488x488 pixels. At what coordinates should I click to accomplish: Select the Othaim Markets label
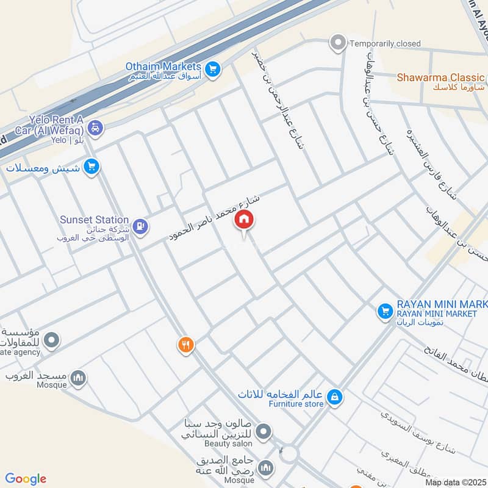pyautogui.click(x=163, y=66)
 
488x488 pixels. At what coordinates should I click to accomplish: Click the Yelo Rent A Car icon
pyautogui.click(x=96, y=129)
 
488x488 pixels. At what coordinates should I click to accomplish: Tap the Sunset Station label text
pyautogui.click(x=94, y=220)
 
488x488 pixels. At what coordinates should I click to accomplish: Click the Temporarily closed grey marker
pyautogui.click(x=337, y=43)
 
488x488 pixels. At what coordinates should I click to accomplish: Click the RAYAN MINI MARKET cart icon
pyautogui.click(x=384, y=312)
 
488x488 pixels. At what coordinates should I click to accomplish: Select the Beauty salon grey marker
pyautogui.click(x=264, y=433)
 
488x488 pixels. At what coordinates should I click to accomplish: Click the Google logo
pyautogui.click(x=26, y=479)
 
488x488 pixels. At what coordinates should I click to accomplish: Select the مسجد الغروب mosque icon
pyautogui.click(x=77, y=379)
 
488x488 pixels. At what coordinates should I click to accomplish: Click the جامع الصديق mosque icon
pyautogui.click(x=265, y=468)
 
